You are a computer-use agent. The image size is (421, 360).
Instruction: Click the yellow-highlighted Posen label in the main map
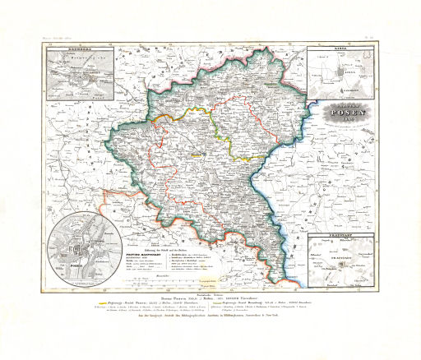point(195,154)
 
